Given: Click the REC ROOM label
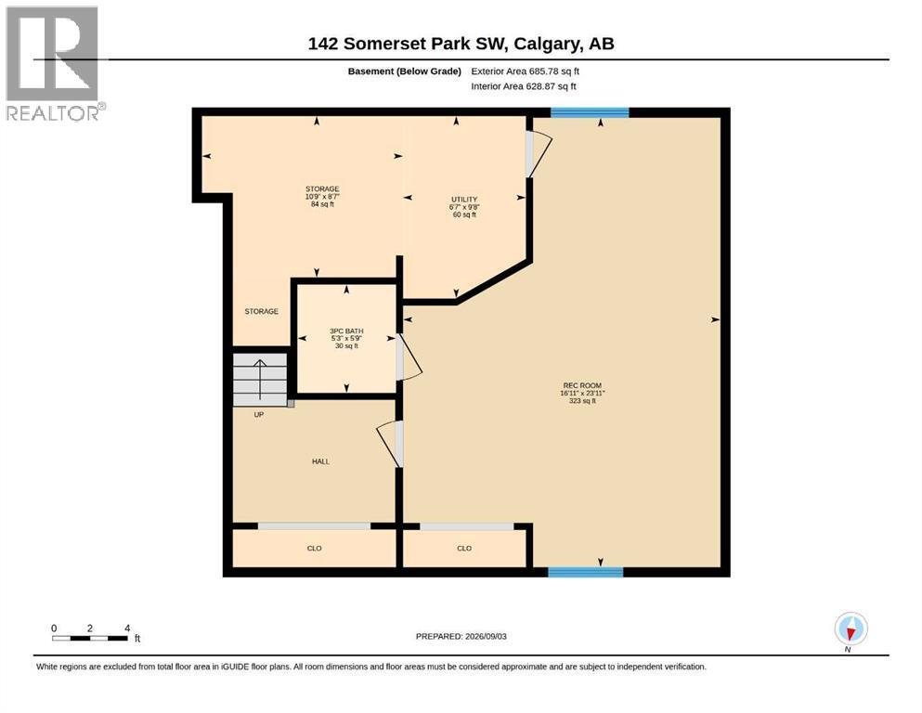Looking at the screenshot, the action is click(582, 385).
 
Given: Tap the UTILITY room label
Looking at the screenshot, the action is click(464, 200).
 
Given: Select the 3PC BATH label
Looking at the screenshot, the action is click(346, 331).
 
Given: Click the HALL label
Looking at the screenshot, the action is click(320, 461).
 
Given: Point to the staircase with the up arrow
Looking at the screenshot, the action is click(260, 379).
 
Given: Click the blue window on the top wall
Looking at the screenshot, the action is click(590, 112).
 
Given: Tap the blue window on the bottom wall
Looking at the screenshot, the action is click(586, 572).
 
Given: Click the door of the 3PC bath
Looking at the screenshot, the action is click(409, 356).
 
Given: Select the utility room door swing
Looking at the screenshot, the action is click(539, 153).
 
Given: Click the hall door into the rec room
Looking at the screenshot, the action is click(390, 444).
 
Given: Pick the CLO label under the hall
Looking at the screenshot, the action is click(314, 548).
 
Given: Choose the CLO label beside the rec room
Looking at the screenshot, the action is click(464, 548).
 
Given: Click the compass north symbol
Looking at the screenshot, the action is click(851, 629).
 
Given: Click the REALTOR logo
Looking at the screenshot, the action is click(54, 63).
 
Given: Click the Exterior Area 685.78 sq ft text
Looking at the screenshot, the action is click(526, 71).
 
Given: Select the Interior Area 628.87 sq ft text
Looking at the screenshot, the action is click(524, 86).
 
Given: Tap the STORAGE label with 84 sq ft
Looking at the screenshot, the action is click(322, 196).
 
